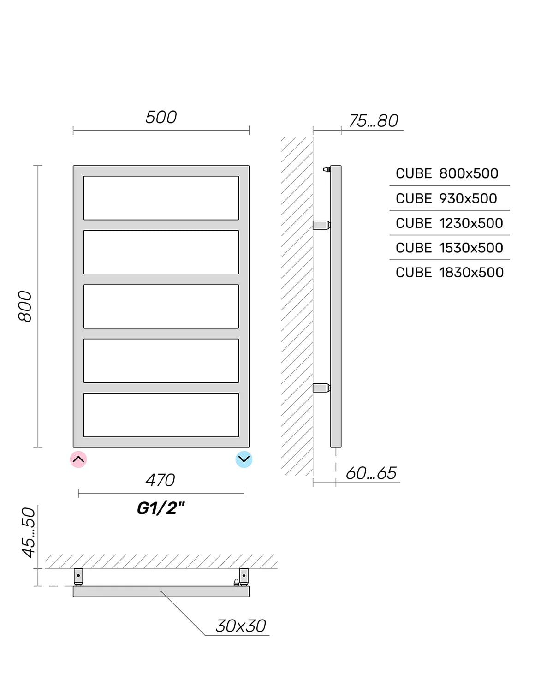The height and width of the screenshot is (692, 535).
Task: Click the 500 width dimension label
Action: pyautogui.click(x=160, y=117)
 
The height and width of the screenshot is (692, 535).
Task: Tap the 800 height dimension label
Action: pyautogui.click(x=25, y=306)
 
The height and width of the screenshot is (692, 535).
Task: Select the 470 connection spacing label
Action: pyautogui.click(x=160, y=480)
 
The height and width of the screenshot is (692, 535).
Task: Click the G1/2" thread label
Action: pyautogui.click(x=160, y=508)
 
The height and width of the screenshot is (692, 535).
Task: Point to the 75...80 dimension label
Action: pyautogui.click(x=373, y=121)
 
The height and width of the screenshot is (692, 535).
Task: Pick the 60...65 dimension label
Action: pyautogui.click(x=371, y=473)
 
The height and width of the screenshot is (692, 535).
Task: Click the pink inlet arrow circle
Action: pyautogui.click(x=78, y=459)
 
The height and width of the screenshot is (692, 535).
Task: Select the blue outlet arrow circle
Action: pyautogui.click(x=244, y=459)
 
